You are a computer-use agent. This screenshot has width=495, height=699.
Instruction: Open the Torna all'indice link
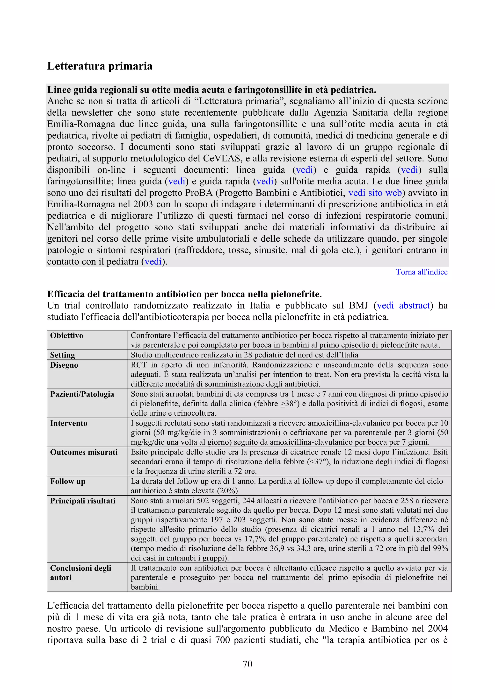coord(421,272)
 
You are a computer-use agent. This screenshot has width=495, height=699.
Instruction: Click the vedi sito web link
coord(375,193)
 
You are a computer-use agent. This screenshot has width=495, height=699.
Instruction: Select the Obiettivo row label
coord(66,336)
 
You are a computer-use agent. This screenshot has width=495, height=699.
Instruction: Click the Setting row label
coord(63,355)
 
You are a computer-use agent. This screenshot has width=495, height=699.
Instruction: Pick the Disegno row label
coord(64,365)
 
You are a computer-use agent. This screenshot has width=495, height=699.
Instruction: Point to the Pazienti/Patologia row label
coord(82,394)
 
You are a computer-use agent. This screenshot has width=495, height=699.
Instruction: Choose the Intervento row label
coord(69,423)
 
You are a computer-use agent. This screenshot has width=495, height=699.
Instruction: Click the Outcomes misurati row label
coord(84,452)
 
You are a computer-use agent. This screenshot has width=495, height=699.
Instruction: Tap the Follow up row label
coord(68,481)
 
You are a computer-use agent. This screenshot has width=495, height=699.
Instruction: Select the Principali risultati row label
coord(83,501)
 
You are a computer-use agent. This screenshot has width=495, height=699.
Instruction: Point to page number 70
coord(247,664)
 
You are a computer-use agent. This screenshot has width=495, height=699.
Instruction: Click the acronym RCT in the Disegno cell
coord(139,365)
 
